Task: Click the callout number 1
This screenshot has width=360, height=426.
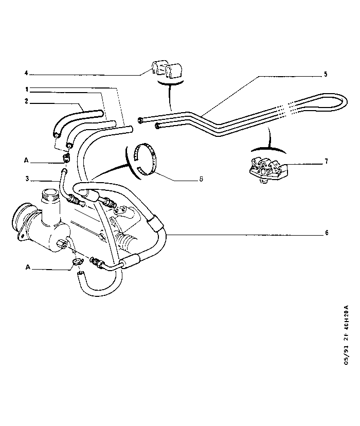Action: [x=26, y=89]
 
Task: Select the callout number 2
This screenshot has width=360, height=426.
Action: [x=26, y=101]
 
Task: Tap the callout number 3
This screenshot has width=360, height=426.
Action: [x=26, y=180]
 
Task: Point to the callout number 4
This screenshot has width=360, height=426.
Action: [x=26, y=73]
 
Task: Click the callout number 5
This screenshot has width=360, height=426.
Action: [x=326, y=74]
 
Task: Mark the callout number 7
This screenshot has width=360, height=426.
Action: [x=326, y=162]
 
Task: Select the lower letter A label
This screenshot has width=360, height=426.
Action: [x=26, y=268]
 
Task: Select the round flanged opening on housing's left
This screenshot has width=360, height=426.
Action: [x=23, y=222]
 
